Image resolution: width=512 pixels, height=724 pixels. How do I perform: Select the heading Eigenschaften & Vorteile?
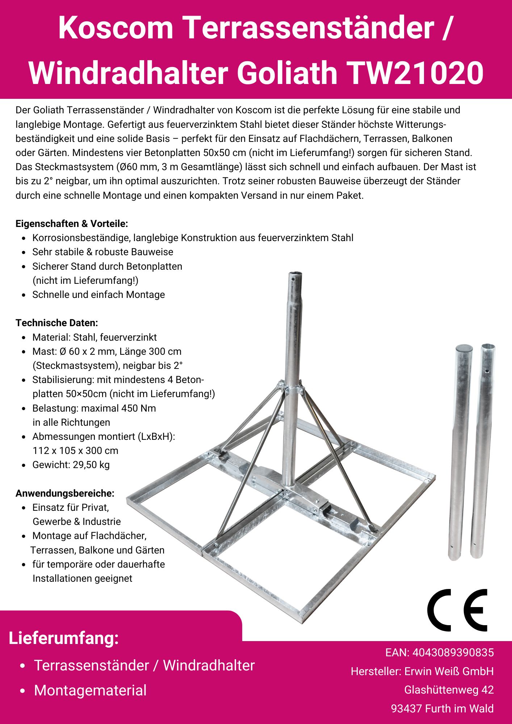click(x=72, y=224)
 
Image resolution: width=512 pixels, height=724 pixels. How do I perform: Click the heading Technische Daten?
click(x=56, y=323)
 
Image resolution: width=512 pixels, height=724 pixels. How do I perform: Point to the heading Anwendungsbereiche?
click(x=65, y=493)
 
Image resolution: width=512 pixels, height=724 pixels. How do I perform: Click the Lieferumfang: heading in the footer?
click(x=64, y=638)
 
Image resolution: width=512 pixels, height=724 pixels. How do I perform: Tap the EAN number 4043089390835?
click(x=453, y=653)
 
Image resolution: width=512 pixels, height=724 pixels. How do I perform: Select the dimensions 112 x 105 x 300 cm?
click(x=75, y=451)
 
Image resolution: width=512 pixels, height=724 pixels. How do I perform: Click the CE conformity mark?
click(x=457, y=610)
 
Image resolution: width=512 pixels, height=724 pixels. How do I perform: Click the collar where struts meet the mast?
click(x=292, y=389)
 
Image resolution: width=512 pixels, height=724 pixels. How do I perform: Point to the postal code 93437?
click(x=406, y=708)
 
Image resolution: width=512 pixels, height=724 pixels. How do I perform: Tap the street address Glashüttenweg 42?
click(x=449, y=690)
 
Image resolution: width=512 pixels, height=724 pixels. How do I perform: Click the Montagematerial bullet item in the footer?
click(x=90, y=690)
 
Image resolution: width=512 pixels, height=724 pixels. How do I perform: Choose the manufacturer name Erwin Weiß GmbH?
click(x=449, y=672)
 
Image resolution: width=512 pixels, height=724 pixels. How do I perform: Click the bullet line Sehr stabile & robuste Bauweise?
click(x=103, y=252)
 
